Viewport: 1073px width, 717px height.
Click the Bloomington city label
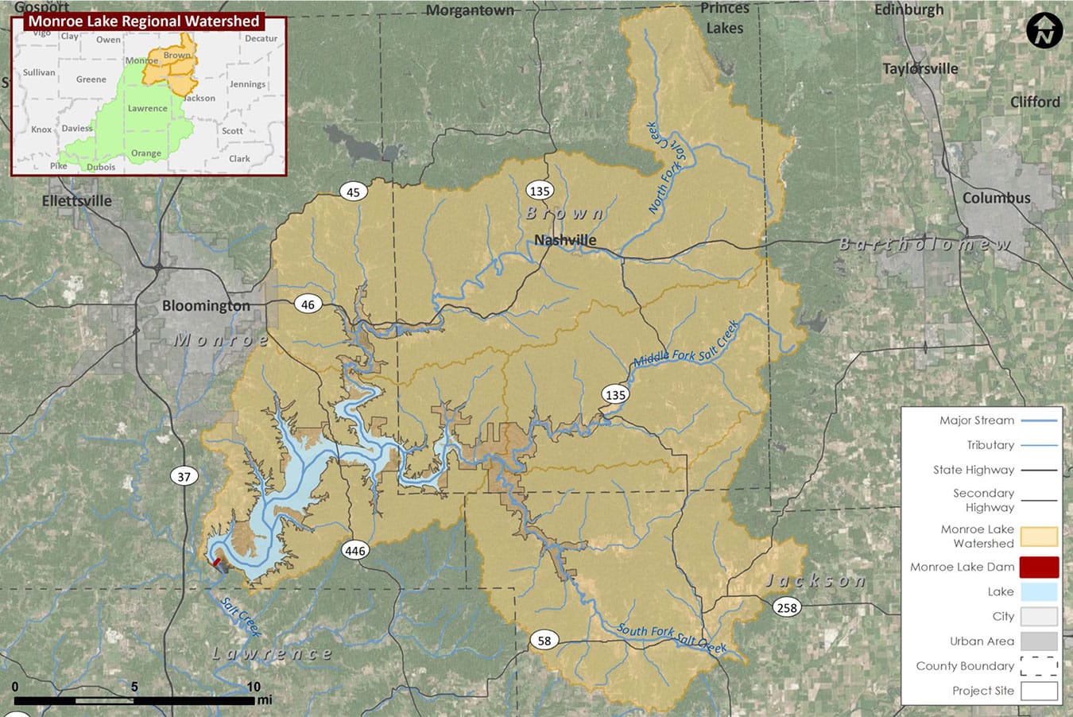[206, 306]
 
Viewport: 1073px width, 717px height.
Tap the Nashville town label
[565, 240]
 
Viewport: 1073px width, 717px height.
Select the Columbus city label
[996, 199]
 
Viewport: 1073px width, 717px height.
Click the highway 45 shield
[354, 192]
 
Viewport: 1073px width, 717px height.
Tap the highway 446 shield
[354, 551]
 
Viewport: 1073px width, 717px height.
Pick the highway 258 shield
[786, 608]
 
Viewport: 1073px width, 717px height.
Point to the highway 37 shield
[184, 477]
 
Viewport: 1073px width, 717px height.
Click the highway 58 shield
[544, 641]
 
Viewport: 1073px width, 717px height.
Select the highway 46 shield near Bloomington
[308, 304]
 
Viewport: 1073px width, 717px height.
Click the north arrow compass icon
[1044, 32]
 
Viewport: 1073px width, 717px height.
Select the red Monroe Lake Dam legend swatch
[1039, 568]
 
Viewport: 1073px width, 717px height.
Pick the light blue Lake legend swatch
[1039, 592]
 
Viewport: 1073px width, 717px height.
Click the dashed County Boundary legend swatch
[1039, 666]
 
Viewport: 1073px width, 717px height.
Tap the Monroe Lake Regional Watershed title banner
[144, 21]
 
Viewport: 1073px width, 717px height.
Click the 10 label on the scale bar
[253, 687]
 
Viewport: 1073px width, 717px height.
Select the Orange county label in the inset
[146, 153]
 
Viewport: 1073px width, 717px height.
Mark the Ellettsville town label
[77, 201]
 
